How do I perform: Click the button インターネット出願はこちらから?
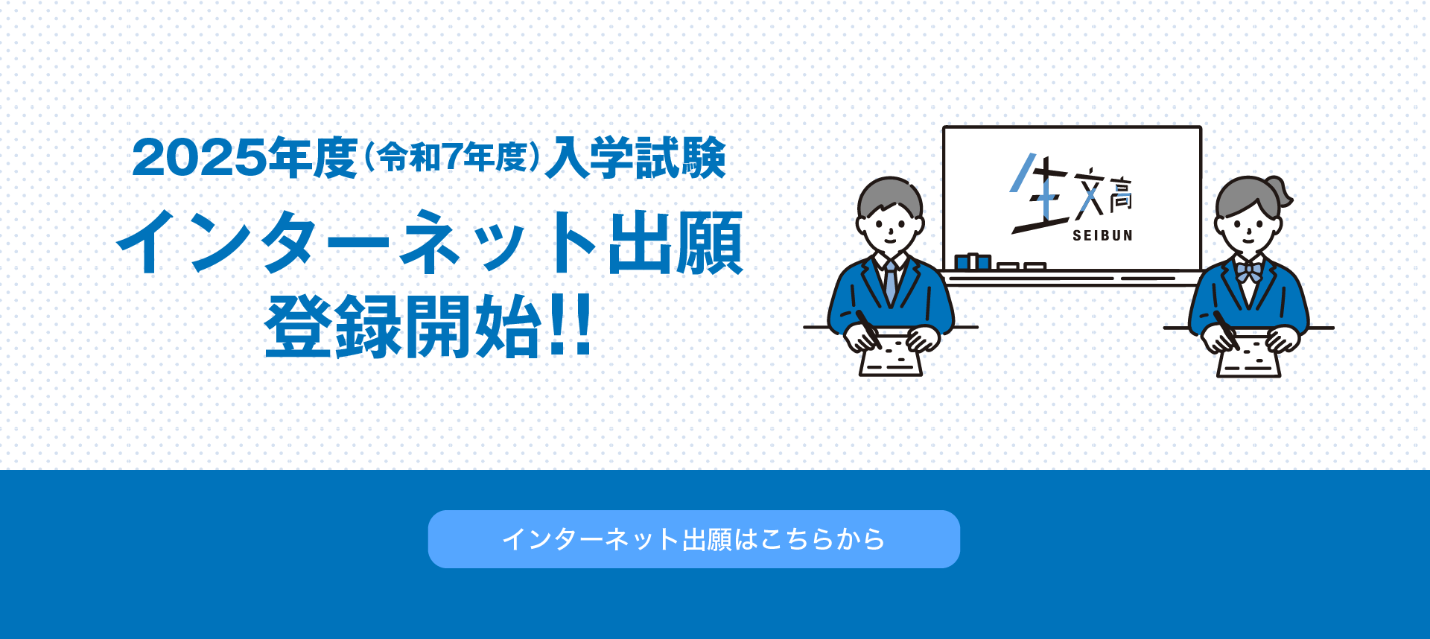(x=693, y=539)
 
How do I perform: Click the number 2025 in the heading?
(x=199, y=158)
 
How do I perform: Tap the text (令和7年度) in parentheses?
(x=451, y=157)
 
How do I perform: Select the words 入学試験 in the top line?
(x=635, y=157)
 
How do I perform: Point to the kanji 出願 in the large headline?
(x=676, y=243)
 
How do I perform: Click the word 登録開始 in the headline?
(x=403, y=326)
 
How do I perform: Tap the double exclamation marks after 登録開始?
(x=570, y=325)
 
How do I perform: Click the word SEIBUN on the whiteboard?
(x=1102, y=235)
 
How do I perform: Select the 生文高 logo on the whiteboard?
(x=1071, y=194)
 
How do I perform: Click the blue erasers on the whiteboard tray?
(x=973, y=261)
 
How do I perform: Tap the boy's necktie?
(x=890, y=282)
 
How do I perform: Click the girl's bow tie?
(x=1249, y=271)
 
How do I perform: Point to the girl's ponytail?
(x=1282, y=192)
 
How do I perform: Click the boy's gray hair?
(x=890, y=195)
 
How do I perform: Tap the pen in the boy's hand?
(x=868, y=329)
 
